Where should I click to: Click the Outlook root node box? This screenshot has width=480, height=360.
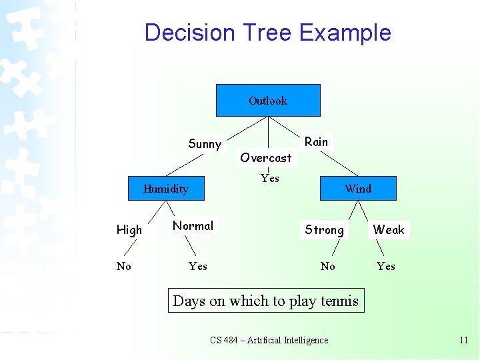click(x=268, y=101)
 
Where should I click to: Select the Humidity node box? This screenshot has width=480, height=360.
click(x=166, y=189)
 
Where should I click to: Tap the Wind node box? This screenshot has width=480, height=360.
click(x=358, y=189)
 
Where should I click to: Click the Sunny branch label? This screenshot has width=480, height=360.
click(x=205, y=144)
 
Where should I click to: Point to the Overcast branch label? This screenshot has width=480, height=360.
click(x=266, y=158)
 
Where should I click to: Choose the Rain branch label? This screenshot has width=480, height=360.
click(x=316, y=141)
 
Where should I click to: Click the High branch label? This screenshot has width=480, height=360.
click(x=129, y=230)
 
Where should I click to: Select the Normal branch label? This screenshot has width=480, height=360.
click(x=193, y=226)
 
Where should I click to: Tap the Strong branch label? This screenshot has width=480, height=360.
click(x=325, y=230)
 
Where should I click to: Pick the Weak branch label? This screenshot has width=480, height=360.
click(x=389, y=230)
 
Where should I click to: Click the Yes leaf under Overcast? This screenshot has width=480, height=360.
click(x=270, y=178)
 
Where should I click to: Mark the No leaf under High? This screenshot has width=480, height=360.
click(x=124, y=266)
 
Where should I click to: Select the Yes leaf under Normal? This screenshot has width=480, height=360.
click(x=198, y=266)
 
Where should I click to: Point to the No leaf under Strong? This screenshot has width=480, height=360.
click(x=327, y=266)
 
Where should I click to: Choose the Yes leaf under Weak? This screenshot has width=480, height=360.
click(x=386, y=266)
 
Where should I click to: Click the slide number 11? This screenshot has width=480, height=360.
click(x=464, y=340)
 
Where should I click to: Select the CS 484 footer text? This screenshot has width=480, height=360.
click(x=269, y=340)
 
